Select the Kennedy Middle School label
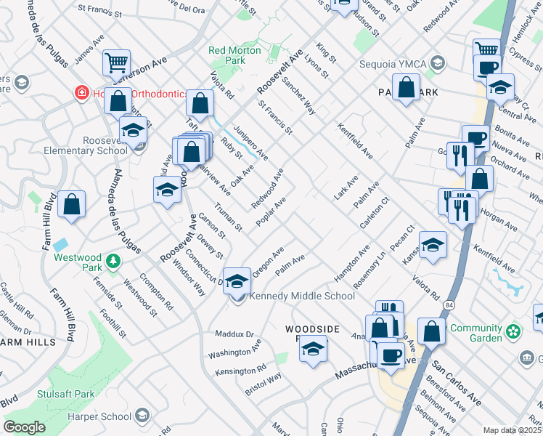[302, 296]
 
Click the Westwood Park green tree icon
[112, 260]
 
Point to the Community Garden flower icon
[514, 331]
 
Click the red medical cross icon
[81, 93]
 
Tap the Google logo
[24, 427]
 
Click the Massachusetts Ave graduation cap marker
[313, 349]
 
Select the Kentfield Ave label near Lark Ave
[356, 142]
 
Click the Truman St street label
[229, 217]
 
